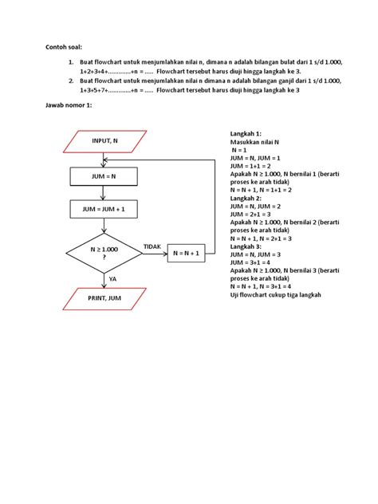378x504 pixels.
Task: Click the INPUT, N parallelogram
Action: coord(104,141)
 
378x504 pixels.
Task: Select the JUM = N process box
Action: coord(104,176)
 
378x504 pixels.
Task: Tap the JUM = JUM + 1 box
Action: coord(104,209)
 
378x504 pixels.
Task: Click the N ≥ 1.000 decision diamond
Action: coord(104,254)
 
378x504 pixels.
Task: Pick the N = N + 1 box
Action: coord(187,254)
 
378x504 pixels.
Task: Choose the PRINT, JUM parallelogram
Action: coord(104,299)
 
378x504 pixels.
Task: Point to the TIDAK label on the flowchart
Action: coord(152,246)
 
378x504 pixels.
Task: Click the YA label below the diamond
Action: coord(112,279)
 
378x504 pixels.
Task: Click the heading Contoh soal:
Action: coord(64,47)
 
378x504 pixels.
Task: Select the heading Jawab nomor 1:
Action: coord(69,105)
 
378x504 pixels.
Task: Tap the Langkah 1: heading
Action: coord(246,134)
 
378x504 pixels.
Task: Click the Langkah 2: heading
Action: coord(246,199)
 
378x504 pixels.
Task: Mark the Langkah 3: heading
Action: coord(246,246)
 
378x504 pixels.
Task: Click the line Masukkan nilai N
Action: coord(254,142)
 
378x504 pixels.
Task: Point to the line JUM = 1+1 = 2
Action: coord(250,166)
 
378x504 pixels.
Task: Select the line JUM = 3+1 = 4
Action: coord(250,262)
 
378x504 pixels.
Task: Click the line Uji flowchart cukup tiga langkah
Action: coord(275,295)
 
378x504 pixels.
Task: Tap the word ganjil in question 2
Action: coord(287,81)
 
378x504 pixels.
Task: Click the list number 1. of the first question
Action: coord(71,62)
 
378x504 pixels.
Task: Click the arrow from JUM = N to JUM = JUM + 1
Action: coord(103,193)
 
